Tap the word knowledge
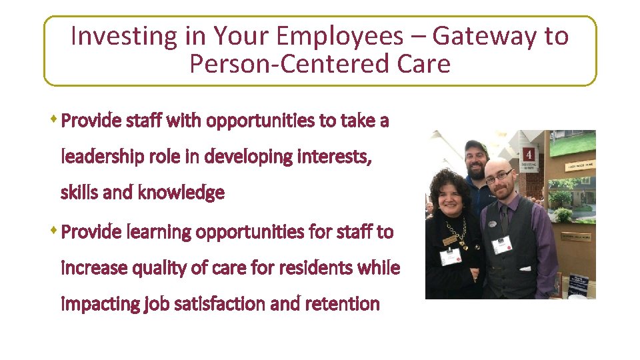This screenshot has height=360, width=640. (181, 193)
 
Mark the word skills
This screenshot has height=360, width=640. (77, 193)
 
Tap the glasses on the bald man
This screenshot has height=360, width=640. (499, 178)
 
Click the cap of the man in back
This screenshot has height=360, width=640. (476, 146)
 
